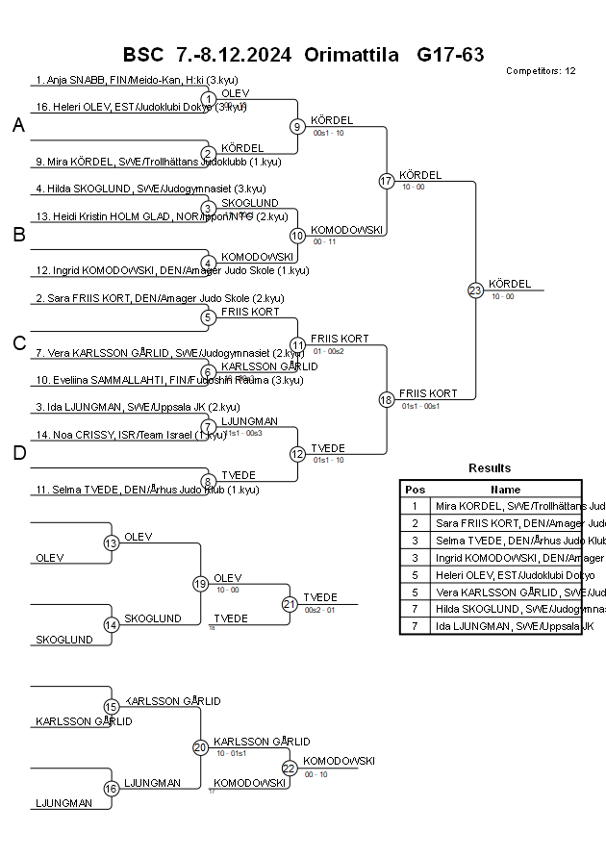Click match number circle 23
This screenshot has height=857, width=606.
[x=475, y=290]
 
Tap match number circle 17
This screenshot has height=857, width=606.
[x=387, y=181]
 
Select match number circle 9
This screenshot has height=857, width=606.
[x=298, y=126]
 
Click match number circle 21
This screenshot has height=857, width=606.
[x=290, y=604]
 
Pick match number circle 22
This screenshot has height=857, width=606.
[x=290, y=768]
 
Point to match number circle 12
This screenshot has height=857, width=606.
[x=298, y=454]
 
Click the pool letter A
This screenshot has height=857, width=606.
[x=18, y=125]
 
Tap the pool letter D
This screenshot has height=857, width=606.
[x=18, y=454]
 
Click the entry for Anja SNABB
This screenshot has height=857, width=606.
[x=126, y=80]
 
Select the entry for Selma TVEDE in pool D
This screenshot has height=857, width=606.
[x=147, y=491]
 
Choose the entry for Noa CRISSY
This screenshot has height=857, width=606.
[x=131, y=436]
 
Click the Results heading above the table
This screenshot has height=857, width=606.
[x=490, y=468]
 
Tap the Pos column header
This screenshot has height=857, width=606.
[x=415, y=490]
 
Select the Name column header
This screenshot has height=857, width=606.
[x=505, y=490]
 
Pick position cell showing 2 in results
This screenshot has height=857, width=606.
[x=415, y=523]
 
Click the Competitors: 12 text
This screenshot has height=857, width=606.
[x=541, y=71]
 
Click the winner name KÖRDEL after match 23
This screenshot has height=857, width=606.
[x=509, y=284]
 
